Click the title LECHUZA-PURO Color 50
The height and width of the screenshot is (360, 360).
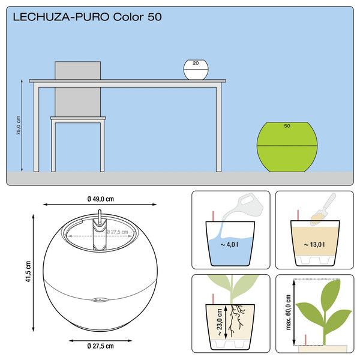click(x=87, y=17)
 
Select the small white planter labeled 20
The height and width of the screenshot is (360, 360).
click(x=196, y=70)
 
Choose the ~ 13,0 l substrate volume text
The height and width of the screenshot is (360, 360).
click(x=316, y=245)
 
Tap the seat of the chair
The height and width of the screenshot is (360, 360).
click(x=78, y=118)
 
